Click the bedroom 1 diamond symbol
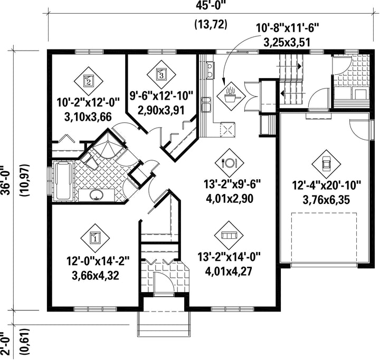(x=95, y=238)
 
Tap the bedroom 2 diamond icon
(x=89, y=81)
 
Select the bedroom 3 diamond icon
(x=161, y=74)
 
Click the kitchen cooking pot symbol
(x=231, y=96)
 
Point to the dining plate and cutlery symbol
(x=229, y=163)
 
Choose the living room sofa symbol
(x=229, y=235)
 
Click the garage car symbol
(x=326, y=164)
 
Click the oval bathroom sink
(x=97, y=195)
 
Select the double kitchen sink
(x=207, y=105)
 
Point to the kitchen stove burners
(x=210, y=70)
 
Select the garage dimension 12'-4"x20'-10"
(x=327, y=186)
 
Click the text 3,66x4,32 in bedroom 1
(x=95, y=276)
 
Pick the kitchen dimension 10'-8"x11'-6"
(x=287, y=28)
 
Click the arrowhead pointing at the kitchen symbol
(x=223, y=81)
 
